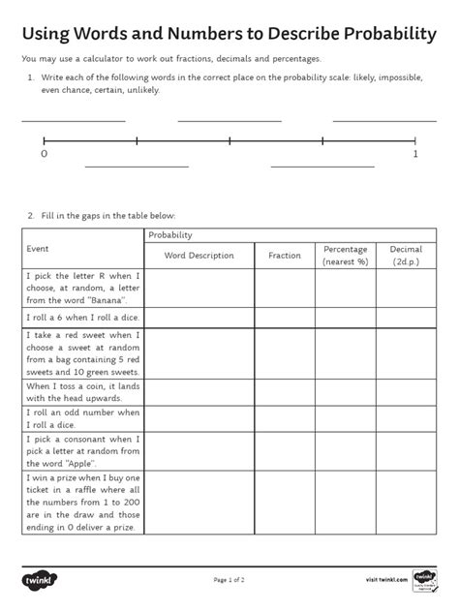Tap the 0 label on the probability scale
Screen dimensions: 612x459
coord(45,154)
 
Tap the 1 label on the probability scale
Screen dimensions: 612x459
coord(415,154)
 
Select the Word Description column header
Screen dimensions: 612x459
coord(199,256)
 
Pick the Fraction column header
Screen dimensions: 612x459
coord(285,256)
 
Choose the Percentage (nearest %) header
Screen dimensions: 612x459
coord(346,256)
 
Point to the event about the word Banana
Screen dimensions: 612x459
coord(82,288)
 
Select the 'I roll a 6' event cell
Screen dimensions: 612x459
coord(82,316)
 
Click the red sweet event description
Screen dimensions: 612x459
coord(82,352)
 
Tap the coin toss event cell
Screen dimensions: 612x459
coord(82,391)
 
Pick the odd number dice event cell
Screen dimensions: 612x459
coord(82,418)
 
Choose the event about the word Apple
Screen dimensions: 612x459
coord(82,451)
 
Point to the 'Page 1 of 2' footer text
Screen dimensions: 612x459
coord(229,580)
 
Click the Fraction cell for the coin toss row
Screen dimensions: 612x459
coord(285,391)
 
